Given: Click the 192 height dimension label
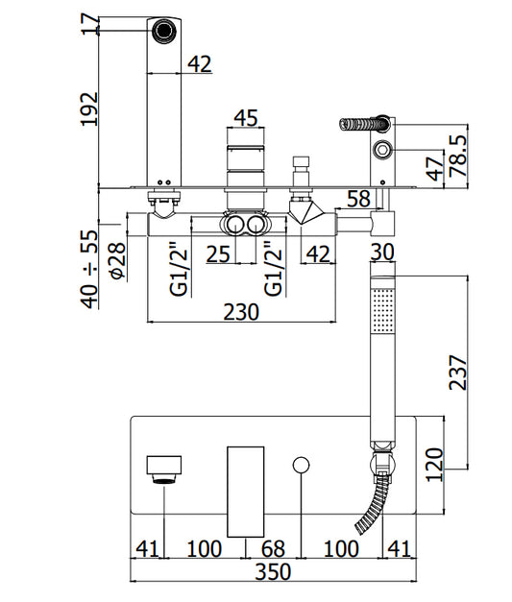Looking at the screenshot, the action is pyautogui.click(x=89, y=108).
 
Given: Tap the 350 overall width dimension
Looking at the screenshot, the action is pyautogui.click(x=273, y=572).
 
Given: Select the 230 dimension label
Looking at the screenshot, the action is pyautogui.click(x=241, y=312).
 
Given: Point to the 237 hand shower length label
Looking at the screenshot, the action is pyautogui.click(x=458, y=373).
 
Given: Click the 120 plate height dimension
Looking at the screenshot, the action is pyautogui.click(x=434, y=465).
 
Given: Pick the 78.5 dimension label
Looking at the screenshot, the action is pyautogui.click(x=458, y=156).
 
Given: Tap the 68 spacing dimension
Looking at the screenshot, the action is pyautogui.click(x=273, y=548).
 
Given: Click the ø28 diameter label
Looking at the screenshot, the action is pyautogui.click(x=117, y=261).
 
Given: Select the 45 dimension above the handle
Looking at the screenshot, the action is pyautogui.click(x=246, y=117).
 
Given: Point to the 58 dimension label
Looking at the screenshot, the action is pyautogui.click(x=358, y=199).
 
